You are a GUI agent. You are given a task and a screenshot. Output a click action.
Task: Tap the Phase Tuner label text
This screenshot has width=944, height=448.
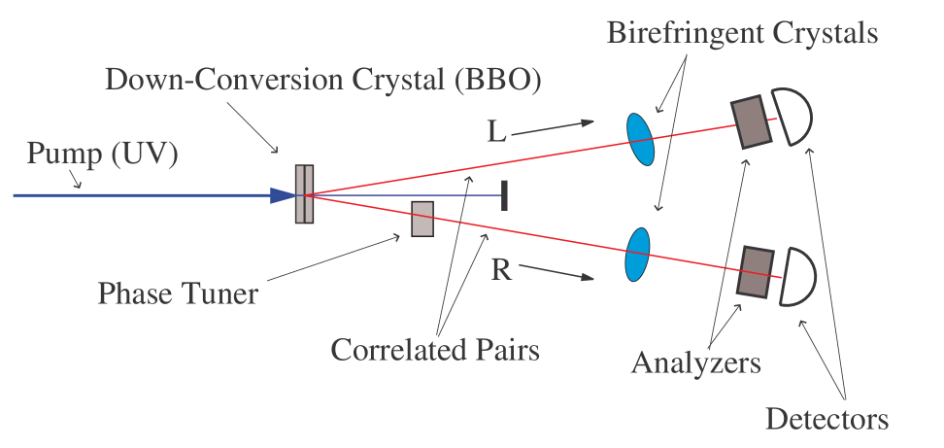point(178,292)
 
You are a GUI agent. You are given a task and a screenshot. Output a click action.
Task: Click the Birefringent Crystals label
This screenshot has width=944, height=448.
point(742,32)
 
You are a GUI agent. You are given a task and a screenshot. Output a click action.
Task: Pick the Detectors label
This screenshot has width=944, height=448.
point(826,419)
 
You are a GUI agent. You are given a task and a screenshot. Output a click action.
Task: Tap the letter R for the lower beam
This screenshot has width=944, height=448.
point(501,269)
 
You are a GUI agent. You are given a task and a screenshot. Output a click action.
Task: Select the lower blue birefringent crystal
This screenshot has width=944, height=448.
point(637,253)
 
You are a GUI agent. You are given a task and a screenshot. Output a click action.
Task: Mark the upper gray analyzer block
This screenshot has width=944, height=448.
point(751,121)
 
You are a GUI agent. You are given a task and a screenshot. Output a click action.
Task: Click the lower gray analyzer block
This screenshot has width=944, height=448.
point(758,271)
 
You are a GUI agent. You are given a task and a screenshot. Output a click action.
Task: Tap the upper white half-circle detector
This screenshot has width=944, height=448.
point(791,116)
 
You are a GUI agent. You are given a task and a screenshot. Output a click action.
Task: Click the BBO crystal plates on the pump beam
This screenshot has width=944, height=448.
point(304,194)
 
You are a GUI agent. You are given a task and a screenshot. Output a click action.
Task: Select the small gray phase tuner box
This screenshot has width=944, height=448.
point(421,219)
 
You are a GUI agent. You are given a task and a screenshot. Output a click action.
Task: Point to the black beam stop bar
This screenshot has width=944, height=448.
point(503,194)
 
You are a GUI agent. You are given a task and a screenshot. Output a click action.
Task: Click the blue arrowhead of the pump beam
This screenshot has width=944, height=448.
point(283,195)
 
